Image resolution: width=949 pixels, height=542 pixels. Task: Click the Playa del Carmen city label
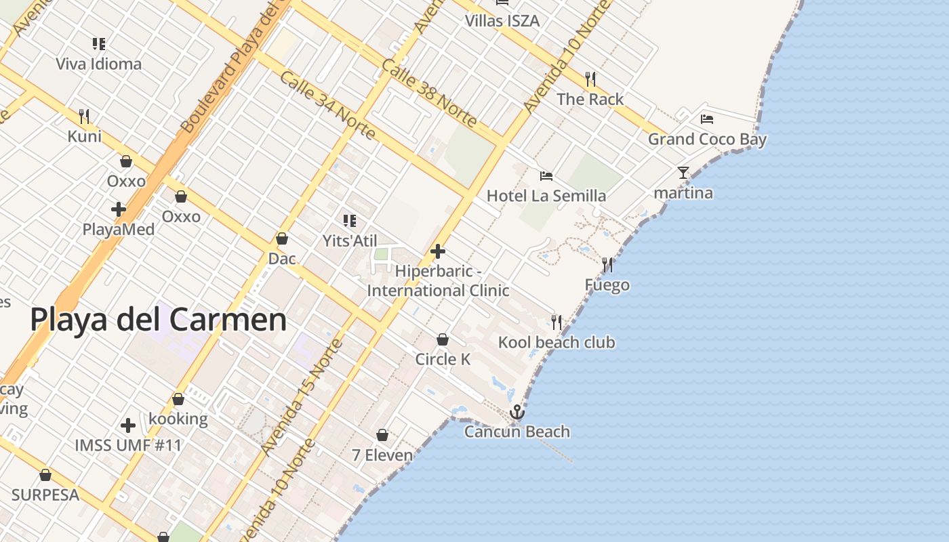(x=159, y=320)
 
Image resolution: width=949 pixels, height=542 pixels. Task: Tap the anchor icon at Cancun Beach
(x=517, y=412)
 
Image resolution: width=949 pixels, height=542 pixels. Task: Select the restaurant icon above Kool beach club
(x=557, y=322)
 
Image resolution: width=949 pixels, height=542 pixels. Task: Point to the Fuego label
(x=607, y=285)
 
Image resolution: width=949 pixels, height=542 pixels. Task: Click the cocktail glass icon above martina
(x=683, y=173)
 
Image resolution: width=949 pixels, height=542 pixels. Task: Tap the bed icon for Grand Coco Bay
(x=707, y=119)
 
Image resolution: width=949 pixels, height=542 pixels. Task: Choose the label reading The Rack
(x=590, y=99)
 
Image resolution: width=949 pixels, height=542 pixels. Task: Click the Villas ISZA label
(x=502, y=21)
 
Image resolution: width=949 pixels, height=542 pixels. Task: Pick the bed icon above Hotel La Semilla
(x=546, y=176)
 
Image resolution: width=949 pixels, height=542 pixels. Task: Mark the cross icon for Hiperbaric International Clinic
(x=438, y=251)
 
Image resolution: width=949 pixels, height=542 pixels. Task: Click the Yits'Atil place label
(x=350, y=241)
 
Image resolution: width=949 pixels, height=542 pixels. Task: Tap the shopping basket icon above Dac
(x=282, y=238)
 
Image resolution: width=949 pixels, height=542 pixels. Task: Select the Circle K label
(x=443, y=359)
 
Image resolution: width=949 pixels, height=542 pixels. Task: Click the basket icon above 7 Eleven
(x=382, y=435)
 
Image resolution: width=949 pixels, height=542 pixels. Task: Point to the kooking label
(x=178, y=419)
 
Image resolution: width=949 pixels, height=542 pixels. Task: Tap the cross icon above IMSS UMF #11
(x=128, y=425)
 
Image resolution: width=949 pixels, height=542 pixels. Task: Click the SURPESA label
(x=45, y=495)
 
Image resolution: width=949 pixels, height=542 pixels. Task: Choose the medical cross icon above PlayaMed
(x=119, y=209)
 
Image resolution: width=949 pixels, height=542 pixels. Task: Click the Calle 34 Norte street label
(x=327, y=104)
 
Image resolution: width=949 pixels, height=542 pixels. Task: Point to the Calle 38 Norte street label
(x=429, y=93)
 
